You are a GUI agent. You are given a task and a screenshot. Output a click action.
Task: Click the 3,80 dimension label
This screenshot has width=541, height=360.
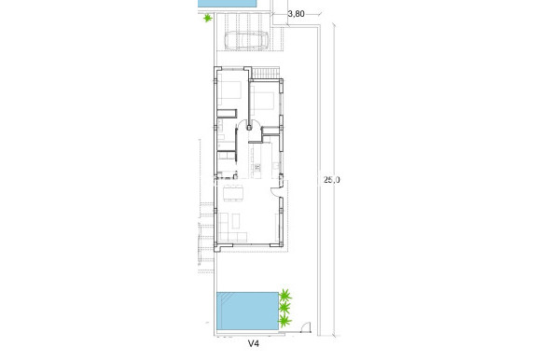pyautogui.click(x=297, y=14)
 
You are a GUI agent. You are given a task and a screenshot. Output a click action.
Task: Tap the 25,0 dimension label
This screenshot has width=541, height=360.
pyautogui.click(x=330, y=180)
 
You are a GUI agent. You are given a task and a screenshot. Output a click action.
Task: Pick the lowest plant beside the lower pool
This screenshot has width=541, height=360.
pyautogui.click(x=284, y=321)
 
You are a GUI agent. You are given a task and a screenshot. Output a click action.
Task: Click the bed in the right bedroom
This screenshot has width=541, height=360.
pyautogui.click(x=264, y=101)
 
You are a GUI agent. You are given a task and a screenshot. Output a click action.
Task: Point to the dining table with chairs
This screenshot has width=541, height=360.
pyautogui.click(x=234, y=193)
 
